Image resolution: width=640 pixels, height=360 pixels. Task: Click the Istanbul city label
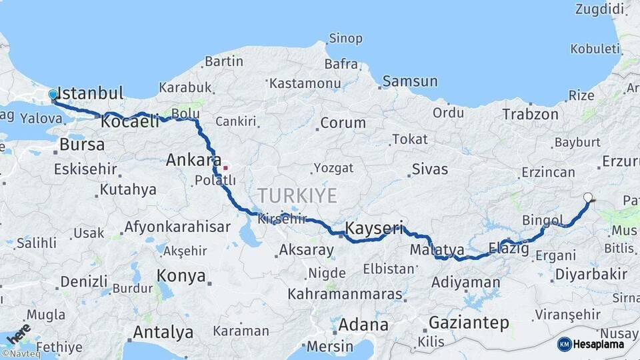91,93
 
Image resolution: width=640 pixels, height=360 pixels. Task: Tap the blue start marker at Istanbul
53,96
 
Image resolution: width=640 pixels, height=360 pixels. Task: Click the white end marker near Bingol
587,197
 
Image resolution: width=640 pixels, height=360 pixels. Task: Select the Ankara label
193,160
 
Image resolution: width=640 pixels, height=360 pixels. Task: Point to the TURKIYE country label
297,195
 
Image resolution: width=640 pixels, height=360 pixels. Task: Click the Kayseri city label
374,229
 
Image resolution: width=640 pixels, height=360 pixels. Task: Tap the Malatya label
437,250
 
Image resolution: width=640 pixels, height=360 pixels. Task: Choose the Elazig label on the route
509,249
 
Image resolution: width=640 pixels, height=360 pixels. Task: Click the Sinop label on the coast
346,39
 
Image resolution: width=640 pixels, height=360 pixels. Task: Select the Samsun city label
410,81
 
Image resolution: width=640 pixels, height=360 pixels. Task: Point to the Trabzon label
531,114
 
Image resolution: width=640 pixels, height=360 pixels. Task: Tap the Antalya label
163,332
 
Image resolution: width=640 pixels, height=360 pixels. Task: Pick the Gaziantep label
469,323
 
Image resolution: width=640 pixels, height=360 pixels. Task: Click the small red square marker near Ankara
225,167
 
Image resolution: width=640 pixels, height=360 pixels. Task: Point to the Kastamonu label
305,83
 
